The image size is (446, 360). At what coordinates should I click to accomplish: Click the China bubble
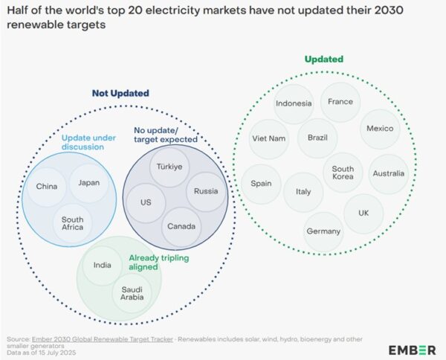coord(46,186)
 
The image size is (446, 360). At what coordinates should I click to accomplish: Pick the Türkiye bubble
coord(169,167)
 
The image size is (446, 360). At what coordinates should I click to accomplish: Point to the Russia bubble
coord(206,191)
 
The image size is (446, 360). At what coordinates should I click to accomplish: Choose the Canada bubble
coord(181,225)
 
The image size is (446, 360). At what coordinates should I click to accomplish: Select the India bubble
coord(103,265)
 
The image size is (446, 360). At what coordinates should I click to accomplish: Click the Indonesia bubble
coord(293,103)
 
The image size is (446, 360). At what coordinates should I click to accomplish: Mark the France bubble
coord(340,101)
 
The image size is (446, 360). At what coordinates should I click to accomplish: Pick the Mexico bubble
coord(381,128)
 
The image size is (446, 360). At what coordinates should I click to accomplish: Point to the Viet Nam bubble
coord(268,138)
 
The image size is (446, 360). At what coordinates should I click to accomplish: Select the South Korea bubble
coord(343,173)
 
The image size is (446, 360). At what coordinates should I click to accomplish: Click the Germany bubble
coord(323,231)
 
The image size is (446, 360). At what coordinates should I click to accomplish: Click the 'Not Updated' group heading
coord(120,93)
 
